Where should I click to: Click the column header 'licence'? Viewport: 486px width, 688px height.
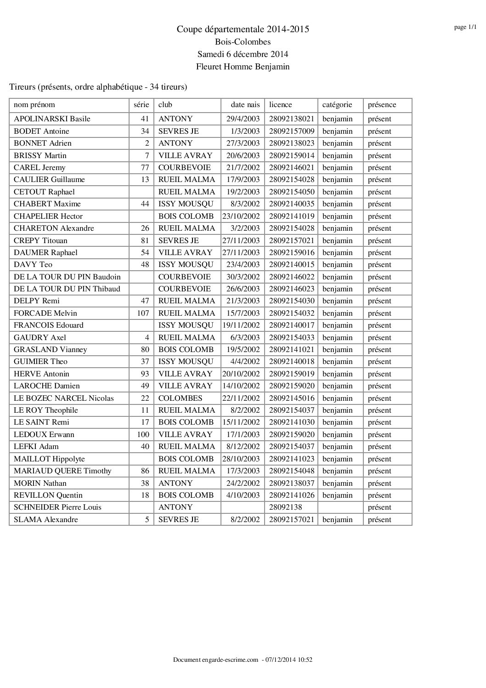pyautogui.click(x=281, y=105)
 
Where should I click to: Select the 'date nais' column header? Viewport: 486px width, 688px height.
pyautogui.click(x=245, y=105)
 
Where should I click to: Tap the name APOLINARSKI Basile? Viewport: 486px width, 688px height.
pyautogui.click(x=52, y=119)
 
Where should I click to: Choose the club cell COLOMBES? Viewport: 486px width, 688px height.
pyautogui.click(x=180, y=398)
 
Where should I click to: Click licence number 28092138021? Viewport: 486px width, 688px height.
pyautogui.click(x=292, y=119)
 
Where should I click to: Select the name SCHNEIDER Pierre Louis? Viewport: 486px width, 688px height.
pyautogui.click(x=58, y=507)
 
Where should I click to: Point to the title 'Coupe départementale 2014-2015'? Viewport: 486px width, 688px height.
pyautogui.click(x=243, y=29)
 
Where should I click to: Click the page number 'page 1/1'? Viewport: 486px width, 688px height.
pyautogui.click(x=465, y=27)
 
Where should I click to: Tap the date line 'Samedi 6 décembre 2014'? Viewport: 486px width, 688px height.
pyautogui.click(x=243, y=54)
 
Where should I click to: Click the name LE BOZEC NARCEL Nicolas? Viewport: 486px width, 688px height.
pyautogui.click(x=64, y=398)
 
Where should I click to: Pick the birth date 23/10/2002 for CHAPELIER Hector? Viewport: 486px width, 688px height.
pyautogui.click(x=241, y=216)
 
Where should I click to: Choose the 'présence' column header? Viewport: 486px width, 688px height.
pyautogui.click(x=382, y=105)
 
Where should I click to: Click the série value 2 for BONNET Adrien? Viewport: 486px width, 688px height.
pyautogui.click(x=147, y=143)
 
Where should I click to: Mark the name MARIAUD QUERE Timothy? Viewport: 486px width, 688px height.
pyautogui.click(x=62, y=471)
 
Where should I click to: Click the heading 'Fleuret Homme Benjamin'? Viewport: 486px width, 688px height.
pyautogui.click(x=243, y=67)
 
